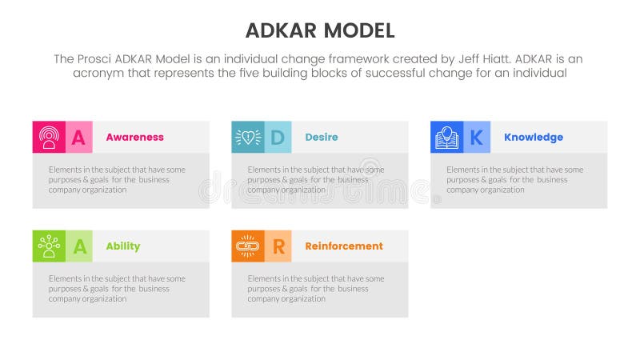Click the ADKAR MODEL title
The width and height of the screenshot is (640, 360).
click(319, 31)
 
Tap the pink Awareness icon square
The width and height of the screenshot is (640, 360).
click(48, 137)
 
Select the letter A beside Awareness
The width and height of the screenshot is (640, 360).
click(78, 137)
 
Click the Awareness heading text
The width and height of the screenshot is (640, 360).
click(134, 137)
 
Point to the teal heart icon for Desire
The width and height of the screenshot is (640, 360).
click(246, 137)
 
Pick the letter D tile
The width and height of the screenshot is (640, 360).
click(277, 137)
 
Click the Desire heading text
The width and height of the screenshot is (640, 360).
click(321, 137)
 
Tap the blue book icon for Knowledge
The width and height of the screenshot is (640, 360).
click(446, 137)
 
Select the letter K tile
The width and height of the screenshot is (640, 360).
click(476, 137)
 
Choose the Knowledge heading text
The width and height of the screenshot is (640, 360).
click(533, 137)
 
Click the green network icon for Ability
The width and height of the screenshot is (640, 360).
click(48, 246)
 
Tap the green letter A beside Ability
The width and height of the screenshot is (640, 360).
click(78, 246)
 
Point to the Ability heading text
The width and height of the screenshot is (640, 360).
click(122, 246)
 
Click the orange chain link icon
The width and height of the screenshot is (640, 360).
click(246, 246)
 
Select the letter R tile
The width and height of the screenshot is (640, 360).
click(277, 246)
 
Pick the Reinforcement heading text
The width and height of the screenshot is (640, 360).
click(343, 246)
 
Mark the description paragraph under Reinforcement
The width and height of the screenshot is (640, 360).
click(315, 288)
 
